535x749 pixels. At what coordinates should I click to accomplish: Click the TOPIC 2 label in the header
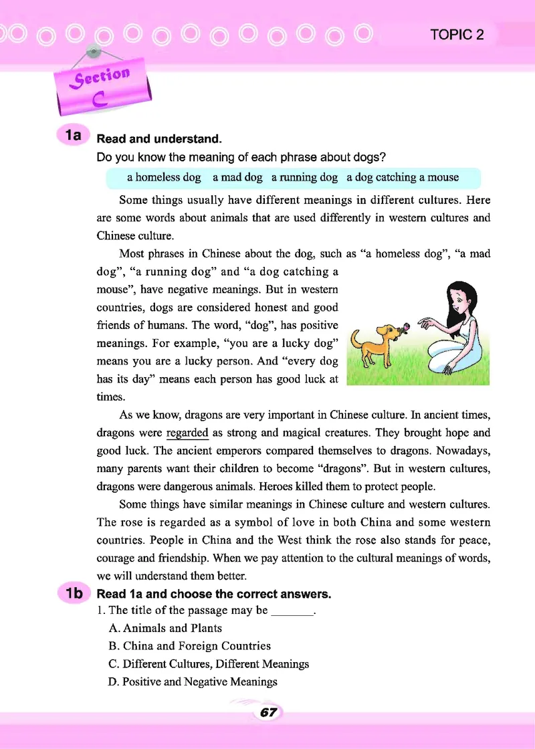[x=457, y=35]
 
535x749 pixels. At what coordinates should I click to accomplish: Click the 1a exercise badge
[x=71, y=136]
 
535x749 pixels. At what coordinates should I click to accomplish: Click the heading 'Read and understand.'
[x=159, y=140]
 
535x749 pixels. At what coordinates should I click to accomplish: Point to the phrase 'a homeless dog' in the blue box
[x=164, y=177]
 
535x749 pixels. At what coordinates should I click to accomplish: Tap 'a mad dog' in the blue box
[x=237, y=177]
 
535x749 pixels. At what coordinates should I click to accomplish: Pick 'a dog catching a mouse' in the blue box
[x=403, y=177]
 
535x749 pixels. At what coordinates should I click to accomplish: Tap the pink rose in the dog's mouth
[x=403, y=328]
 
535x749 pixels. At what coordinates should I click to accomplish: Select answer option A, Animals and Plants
[x=165, y=628]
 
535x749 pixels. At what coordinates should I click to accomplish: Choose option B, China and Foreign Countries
[x=189, y=646]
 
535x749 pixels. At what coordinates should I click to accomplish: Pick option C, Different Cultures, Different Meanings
[x=209, y=664]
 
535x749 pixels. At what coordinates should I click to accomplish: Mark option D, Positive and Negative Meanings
[x=193, y=682]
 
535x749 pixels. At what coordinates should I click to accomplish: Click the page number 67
[x=268, y=713]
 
